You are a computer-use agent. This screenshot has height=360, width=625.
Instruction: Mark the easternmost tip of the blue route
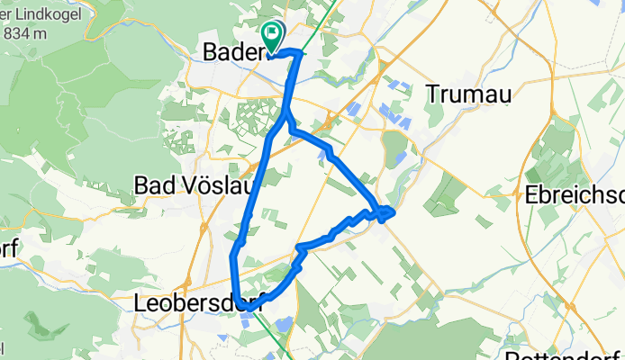pyautogui.click(x=394, y=211)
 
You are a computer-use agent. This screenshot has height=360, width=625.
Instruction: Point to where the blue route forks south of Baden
pyautogui.click(x=285, y=115)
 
